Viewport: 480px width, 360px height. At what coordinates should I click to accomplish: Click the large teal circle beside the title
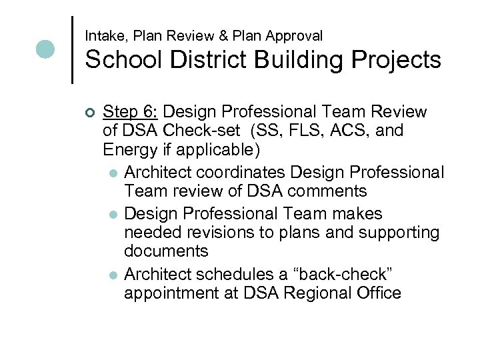click(x=45, y=49)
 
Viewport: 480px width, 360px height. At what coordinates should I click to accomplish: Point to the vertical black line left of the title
click(x=72, y=49)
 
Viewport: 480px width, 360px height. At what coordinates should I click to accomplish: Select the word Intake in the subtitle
click(x=103, y=35)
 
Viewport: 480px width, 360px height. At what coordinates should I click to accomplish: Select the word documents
click(x=166, y=251)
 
